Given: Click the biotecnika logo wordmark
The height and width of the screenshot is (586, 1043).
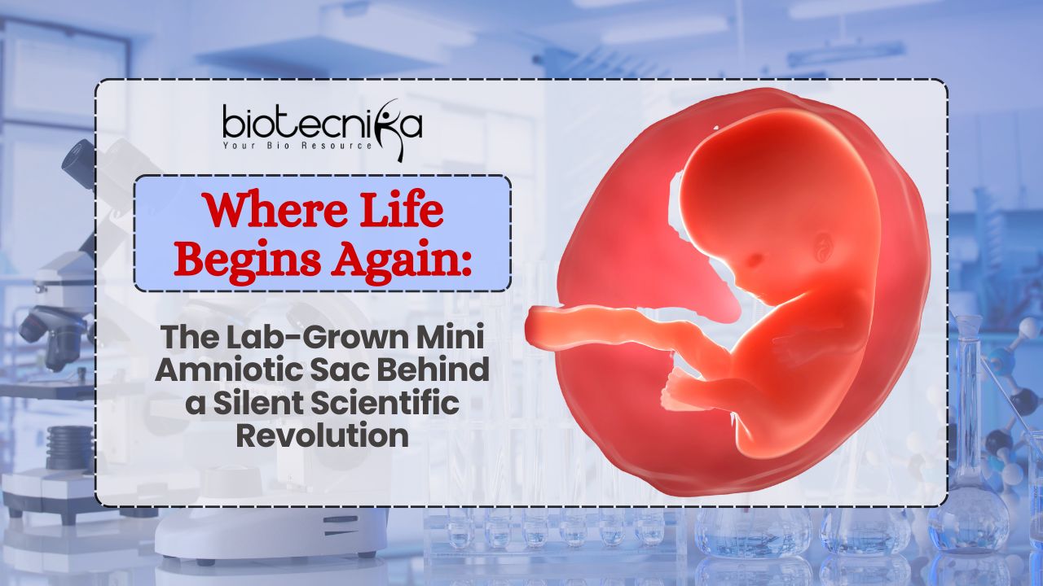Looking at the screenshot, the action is [322, 123].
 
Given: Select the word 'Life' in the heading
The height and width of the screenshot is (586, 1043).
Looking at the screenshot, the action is [404, 212].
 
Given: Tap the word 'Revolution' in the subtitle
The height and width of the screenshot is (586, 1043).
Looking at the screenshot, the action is [322, 435].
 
